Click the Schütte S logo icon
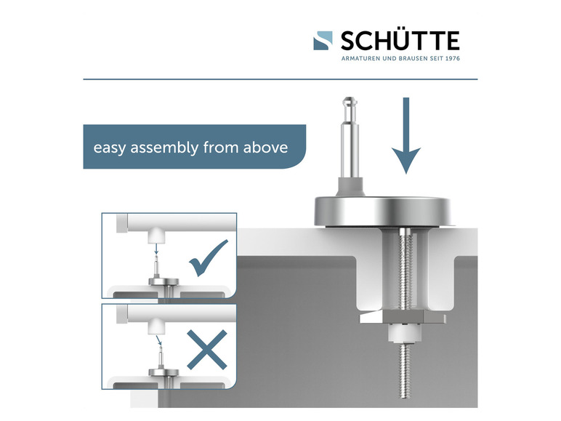[x=323, y=41]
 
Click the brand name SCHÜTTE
[x=400, y=41]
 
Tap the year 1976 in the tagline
[x=453, y=58]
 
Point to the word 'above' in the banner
[x=265, y=147]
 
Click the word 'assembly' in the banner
[x=164, y=148]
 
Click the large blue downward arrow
[x=406, y=135]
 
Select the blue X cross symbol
[x=207, y=350]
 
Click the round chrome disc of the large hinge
[x=382, y=212]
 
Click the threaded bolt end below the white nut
[x=404, y=370]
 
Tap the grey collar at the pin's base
[x=350, y=187]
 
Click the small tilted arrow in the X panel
[x=159, y=340]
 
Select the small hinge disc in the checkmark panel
[x=164, y=281]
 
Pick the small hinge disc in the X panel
[x=164, y=372]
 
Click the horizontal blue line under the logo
[x=280, y=79]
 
